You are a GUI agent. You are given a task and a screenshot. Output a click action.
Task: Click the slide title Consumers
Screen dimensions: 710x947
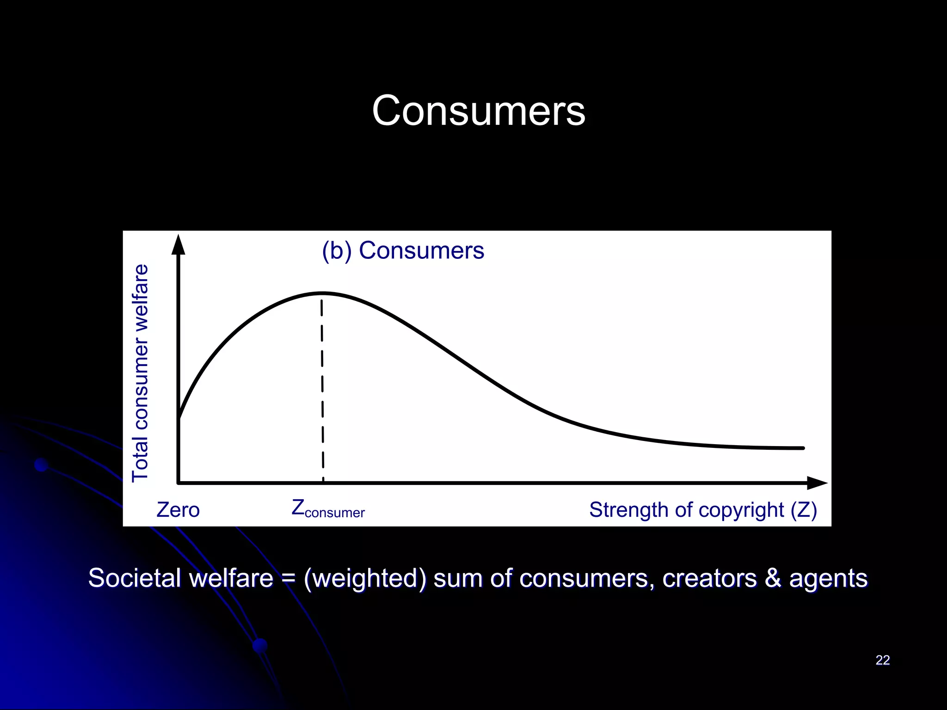tap(479, 111)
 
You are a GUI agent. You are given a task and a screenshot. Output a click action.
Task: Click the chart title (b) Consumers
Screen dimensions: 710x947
tap(403, 251)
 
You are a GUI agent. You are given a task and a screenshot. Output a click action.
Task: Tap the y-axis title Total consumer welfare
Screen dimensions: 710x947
tap(140, 373)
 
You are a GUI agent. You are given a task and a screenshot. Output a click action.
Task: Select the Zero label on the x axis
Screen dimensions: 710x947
tap(178, 510)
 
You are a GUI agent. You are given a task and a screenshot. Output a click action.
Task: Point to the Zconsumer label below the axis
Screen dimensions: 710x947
tap(328, 509)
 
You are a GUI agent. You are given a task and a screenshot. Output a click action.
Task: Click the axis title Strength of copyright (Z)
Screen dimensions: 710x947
tap(703, 510)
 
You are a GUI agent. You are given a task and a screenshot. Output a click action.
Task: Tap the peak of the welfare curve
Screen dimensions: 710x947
tap(322, 293)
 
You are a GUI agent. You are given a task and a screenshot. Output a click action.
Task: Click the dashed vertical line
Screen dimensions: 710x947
tap(322, 388)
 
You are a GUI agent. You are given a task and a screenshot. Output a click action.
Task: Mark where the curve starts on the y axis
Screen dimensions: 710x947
tap(179, 418)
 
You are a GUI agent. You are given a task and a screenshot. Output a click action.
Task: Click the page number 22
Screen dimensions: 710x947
tap(882, 660)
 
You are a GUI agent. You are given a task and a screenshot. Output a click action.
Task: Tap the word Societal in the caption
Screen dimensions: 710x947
tap(134, 578)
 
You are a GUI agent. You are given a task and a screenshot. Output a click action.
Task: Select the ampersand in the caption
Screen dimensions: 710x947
tap(772, 578)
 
